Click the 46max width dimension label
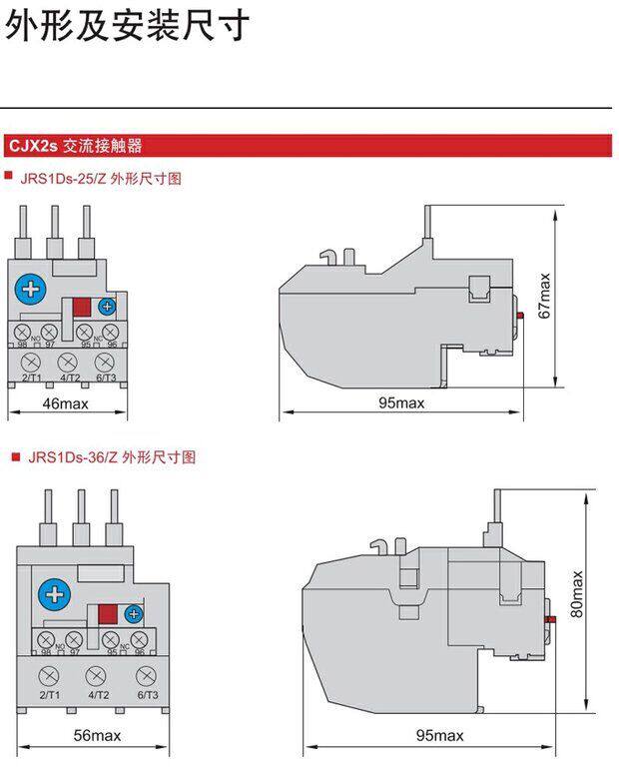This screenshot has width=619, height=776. click(67, 403)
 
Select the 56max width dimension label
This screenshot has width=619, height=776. click(98, 736)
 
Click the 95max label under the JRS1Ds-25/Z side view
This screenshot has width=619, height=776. click(401, 403)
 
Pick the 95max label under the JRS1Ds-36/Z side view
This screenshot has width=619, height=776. click(439, 736)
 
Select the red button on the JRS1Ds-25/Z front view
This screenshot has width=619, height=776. click(82, 308)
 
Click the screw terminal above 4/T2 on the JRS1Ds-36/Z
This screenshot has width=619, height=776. click(98, 674)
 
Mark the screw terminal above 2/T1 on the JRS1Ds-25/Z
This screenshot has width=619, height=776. click(30, 362)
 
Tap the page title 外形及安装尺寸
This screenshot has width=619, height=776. click(126, 24)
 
